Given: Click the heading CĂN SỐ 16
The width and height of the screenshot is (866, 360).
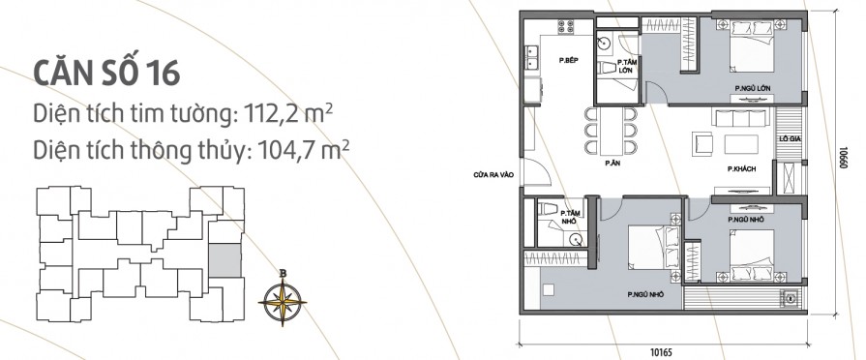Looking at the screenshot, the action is point(106,73).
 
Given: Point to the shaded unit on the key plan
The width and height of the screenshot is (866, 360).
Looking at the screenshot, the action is point(224,260).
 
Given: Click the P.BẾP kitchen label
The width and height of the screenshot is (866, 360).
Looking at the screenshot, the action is point(568,61).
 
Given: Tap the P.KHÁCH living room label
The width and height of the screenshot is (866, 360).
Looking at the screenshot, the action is point(741,169).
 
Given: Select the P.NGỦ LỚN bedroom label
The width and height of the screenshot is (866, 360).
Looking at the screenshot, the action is point(752,88).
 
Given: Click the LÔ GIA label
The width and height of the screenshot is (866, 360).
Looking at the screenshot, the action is point(789,139).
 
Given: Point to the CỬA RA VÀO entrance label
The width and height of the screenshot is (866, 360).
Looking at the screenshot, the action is point(493,175).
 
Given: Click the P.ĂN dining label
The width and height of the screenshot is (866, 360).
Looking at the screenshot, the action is point(611,164).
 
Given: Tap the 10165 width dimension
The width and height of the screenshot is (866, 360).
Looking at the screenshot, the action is point(662,351).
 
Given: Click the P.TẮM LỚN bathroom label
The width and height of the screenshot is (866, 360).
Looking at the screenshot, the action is point(627,66).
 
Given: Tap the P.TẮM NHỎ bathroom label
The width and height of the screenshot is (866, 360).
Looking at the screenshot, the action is point(568,217).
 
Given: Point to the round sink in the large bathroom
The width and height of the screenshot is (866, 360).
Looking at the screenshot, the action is point(606,42).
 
